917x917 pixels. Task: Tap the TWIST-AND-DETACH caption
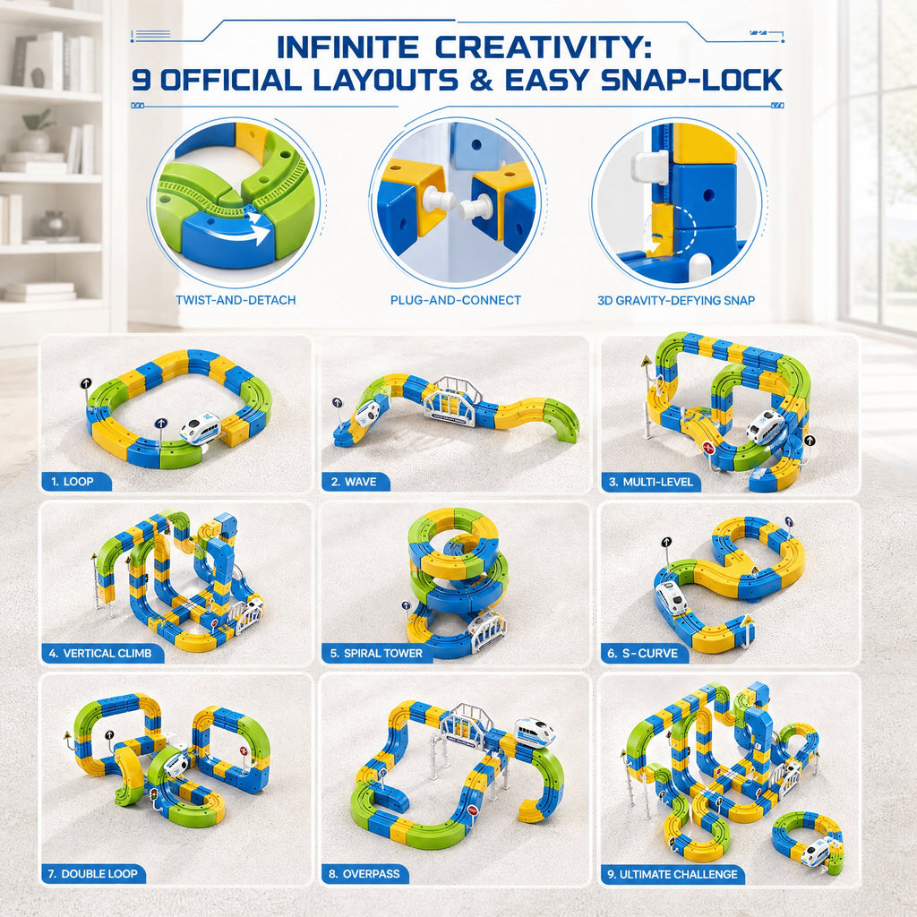pyautogui.click(x=236, y=300)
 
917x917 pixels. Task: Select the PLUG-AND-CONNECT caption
pyautogui.click(x=456, y=300)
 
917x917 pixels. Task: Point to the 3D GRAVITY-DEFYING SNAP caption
pyautogui.click(x=676, y=301)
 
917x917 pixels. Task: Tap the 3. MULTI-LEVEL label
pyautogui.click(x=651, y=482)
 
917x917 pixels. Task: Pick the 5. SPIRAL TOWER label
pyautogui.click(x=376, y=653)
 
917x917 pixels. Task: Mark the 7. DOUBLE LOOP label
pyautogui.click(x=92, y=874)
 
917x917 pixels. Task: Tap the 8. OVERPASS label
pyautogui.click(x=364, y=874)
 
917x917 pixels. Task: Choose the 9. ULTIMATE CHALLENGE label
pyautogui.click(x=673, y=874)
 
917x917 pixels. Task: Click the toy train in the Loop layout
pyautogui.click(x=200, y=429)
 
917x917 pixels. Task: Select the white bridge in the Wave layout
pyautogui.click(x=451, y=401)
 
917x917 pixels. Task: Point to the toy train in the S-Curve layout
pyautogui.click(x=672, y=597)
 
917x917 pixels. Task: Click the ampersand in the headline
pyautogui.click(x=481, y=80)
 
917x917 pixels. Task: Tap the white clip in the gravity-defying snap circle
pyautogui.click(x=650, y=166)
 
